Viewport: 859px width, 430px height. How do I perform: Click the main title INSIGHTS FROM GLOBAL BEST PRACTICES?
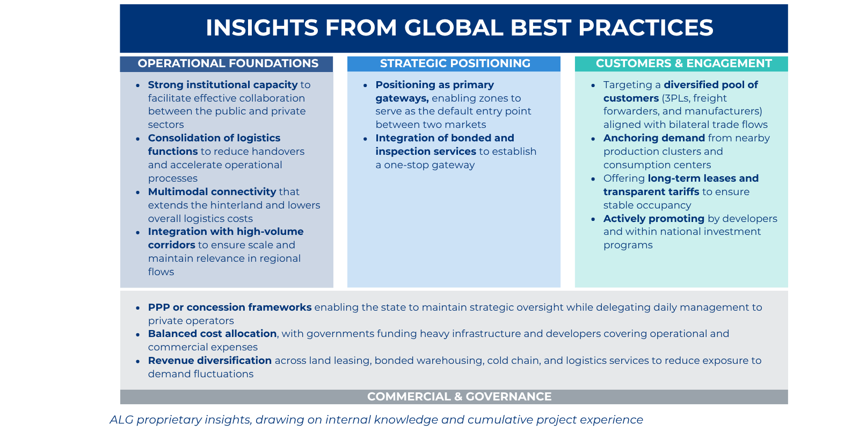(x=460, y=28)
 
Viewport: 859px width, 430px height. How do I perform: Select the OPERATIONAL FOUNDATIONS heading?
(x=228, y=63)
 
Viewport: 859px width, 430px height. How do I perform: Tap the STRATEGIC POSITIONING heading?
(x=455, y=63)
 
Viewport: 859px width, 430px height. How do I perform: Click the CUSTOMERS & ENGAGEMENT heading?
(x=683, y=63)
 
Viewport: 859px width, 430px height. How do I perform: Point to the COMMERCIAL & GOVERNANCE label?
(x=459, y=397)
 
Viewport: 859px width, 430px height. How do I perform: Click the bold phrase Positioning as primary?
(x=434, y=85)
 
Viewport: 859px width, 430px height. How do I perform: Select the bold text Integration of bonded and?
(x=445, y=138)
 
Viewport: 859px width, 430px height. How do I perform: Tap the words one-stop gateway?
(x=429, y=165)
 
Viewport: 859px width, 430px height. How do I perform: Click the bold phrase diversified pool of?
(x=710, y=85)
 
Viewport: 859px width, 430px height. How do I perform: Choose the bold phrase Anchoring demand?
(x=653, y=138)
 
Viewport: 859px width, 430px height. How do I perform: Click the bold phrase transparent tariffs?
(x=651, y=192)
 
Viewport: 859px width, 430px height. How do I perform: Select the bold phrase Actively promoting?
(x=653, y=219)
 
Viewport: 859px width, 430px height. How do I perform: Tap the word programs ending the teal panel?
(x=628, y=245)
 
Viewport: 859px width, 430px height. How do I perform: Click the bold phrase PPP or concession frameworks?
(x=229, y=307)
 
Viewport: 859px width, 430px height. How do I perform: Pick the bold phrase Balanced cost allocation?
(x=212, y=334)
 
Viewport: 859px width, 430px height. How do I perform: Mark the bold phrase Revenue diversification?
(x=209, y=361)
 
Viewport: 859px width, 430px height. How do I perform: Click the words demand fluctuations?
(x=200, y=374)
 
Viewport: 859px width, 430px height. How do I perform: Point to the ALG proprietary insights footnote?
(x=376, y=420)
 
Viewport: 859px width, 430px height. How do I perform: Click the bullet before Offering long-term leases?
(x=593, y=179)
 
